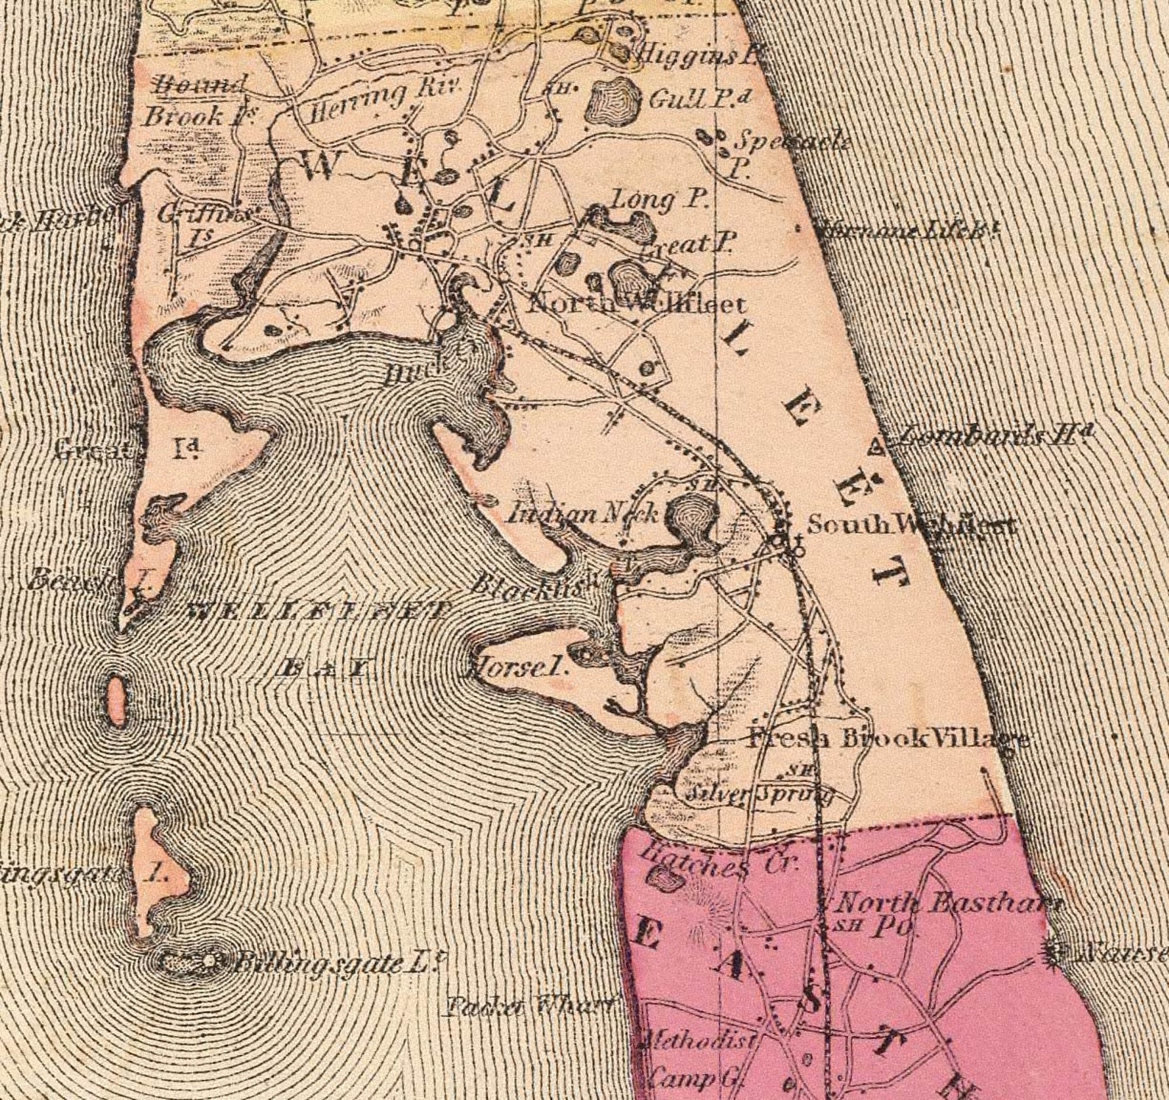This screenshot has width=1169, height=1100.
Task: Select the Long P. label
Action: [659, 199]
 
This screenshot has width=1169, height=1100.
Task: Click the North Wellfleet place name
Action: [637, 304]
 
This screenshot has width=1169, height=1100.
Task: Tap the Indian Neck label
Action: [582, 513]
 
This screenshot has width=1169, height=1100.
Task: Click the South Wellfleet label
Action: [911, 525]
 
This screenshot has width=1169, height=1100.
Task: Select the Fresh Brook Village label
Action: [887, 739]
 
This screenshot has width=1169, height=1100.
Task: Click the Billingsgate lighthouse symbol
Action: [211, 961]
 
